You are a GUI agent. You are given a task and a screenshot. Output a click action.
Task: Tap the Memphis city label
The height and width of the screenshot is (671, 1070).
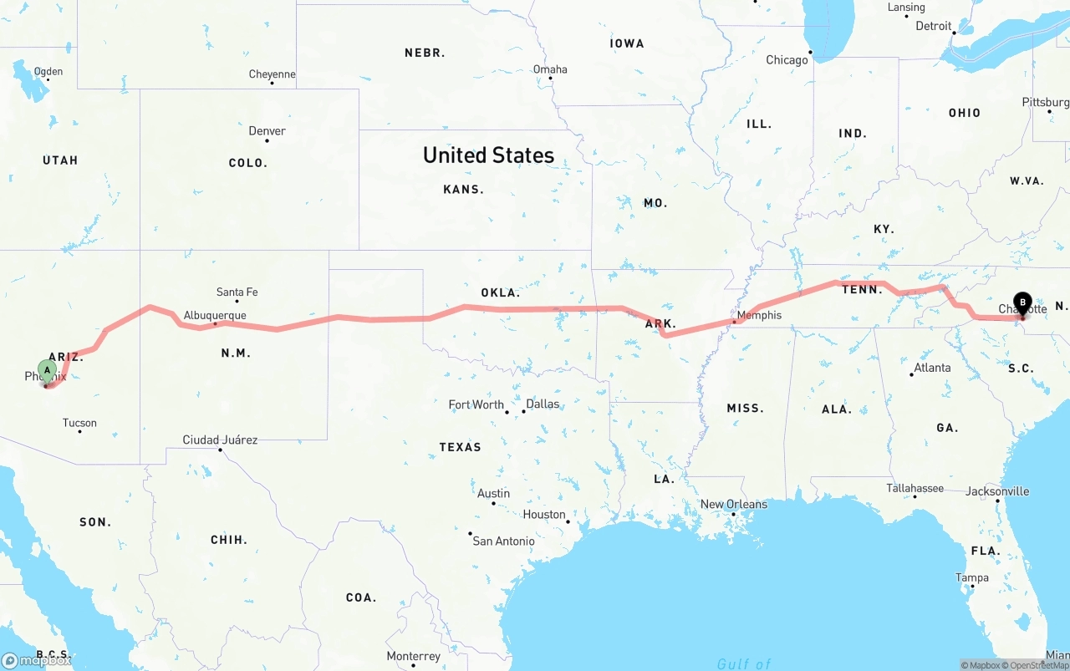760,315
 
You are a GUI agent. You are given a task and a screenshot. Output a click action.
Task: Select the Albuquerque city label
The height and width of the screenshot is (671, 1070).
215,315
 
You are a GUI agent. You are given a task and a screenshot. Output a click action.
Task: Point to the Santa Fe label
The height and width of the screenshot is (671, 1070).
237,292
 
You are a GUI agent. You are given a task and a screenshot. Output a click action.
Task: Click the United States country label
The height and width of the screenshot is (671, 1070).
488,155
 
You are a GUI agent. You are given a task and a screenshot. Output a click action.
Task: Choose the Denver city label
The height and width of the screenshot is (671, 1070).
267,131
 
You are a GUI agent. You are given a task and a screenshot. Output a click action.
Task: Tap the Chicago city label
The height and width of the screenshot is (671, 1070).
787,60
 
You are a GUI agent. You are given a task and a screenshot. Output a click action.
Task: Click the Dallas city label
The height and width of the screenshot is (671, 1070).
543,404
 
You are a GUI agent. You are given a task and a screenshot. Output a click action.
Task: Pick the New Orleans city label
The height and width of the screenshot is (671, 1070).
733,504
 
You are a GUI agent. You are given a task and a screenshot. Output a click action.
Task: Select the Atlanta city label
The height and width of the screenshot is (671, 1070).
931,368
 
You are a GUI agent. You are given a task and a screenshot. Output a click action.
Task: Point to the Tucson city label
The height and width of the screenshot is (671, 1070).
79,423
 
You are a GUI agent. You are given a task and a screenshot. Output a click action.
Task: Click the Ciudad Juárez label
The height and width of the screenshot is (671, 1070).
220,440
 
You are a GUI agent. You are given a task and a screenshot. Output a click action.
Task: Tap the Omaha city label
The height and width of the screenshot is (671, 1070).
550,69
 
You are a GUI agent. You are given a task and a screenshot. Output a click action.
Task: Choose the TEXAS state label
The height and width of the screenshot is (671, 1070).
460,447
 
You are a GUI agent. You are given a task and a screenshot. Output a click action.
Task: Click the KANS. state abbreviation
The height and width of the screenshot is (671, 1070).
463,190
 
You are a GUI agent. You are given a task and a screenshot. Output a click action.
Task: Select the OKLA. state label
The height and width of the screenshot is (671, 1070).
500,293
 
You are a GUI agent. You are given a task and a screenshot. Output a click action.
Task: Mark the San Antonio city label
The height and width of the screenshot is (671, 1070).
503,541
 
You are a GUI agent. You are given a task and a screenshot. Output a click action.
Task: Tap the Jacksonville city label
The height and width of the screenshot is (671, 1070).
997,491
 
